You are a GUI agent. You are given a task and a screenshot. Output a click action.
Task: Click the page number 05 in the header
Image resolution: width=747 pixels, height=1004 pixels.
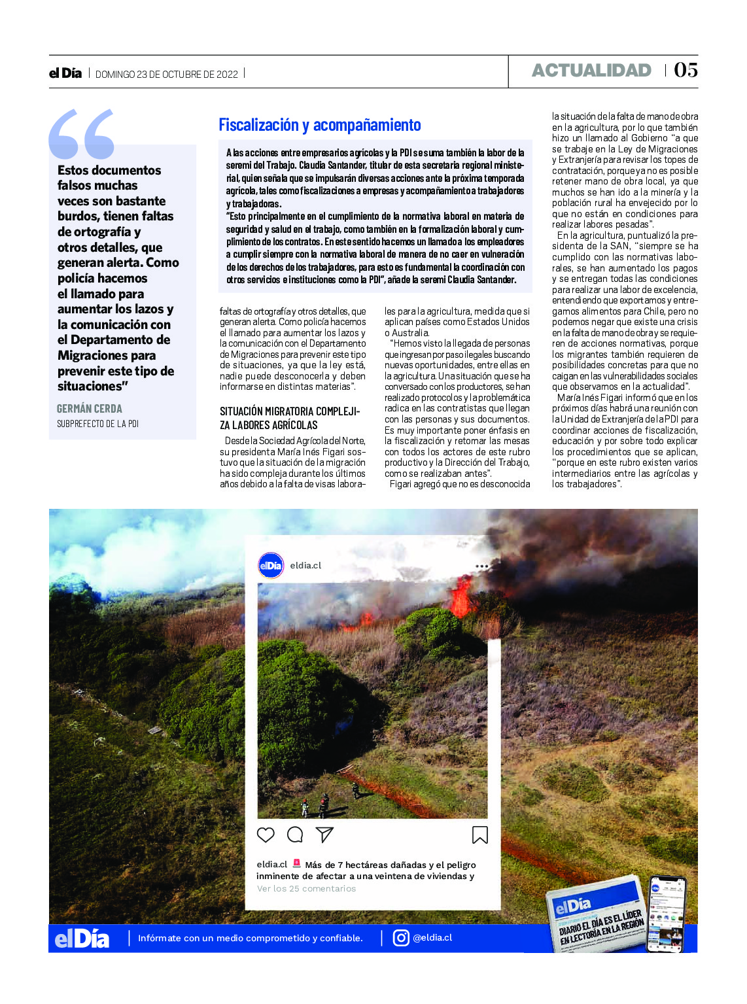click(686, 70)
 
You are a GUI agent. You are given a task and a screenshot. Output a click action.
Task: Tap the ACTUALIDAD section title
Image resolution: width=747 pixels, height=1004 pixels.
click(591, 71)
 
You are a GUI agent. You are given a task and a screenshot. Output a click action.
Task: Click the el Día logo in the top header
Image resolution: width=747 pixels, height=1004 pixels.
click(65, 73)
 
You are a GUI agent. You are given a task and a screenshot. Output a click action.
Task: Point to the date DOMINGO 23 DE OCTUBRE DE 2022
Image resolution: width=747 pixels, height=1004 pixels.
click(167, 75)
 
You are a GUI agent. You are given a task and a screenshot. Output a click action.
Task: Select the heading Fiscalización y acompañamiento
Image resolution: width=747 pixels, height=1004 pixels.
click(320, 125)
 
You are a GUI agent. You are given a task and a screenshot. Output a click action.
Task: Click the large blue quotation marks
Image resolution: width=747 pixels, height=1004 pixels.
click(82, 134)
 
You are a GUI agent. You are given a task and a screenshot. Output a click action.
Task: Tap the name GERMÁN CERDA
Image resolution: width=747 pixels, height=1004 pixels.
click(90, 409)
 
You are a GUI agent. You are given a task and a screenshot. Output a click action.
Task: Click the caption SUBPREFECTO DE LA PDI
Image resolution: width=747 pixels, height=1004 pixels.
click(97, 424)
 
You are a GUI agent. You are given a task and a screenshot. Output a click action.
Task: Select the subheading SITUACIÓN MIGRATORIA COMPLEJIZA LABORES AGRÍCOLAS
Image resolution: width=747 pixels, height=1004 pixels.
click(289, 418)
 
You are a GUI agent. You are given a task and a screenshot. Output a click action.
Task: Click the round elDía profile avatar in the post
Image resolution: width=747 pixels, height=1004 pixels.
click(271, 565)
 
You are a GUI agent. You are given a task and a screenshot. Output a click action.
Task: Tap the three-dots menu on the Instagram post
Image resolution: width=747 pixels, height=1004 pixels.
click(482, 566)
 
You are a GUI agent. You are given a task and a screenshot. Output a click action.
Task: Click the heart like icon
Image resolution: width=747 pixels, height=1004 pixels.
click(266, 835)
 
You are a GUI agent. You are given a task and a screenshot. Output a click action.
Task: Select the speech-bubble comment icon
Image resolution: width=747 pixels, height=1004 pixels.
click(295, 835)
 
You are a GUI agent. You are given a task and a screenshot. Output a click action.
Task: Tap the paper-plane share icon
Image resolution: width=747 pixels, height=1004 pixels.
click(324, 835)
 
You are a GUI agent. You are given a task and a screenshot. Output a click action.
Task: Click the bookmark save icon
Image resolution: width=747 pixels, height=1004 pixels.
click(479, 835)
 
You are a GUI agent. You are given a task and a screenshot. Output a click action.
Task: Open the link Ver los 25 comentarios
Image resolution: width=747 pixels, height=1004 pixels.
click(306, 888)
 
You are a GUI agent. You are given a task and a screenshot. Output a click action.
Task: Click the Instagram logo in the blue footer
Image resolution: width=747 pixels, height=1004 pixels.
click(401, 938)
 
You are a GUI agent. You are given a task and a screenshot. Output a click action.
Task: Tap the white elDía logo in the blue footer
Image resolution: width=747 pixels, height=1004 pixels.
click(82, 939)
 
